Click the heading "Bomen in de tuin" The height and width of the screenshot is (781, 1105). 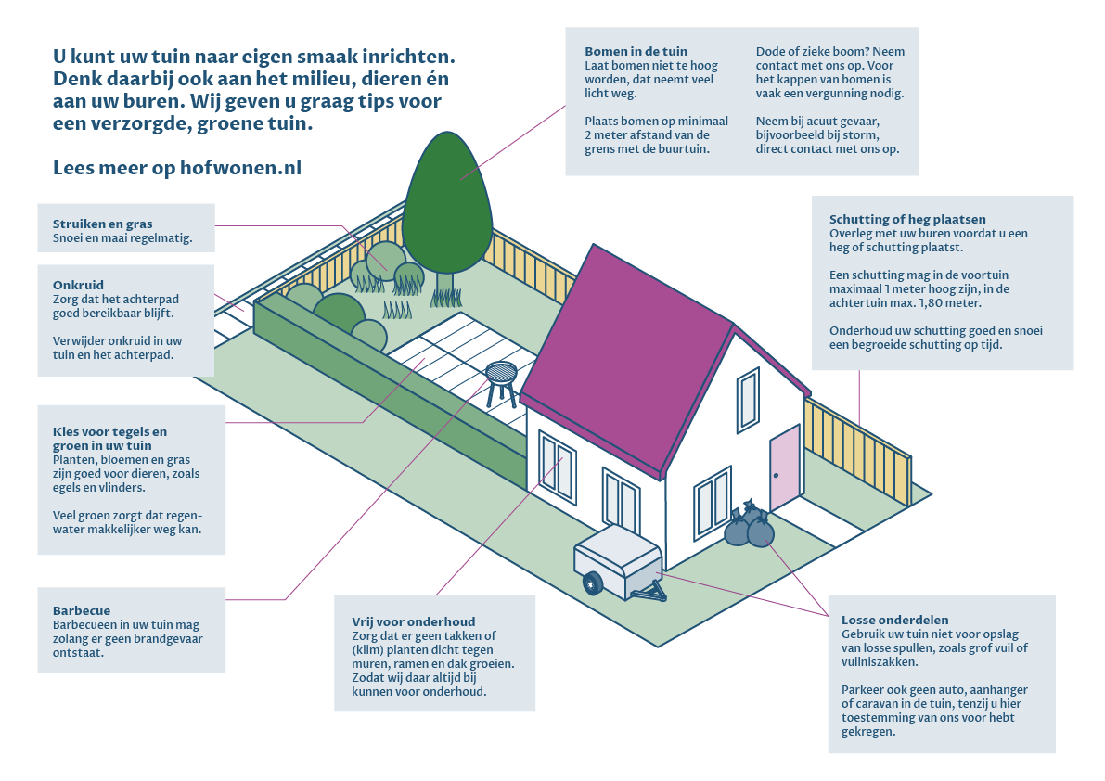tap(636, 52)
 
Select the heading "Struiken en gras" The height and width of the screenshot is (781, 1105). tap(102, 224)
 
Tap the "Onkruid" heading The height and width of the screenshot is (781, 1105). tap(78, 286)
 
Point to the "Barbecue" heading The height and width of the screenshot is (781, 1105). tap(82, 611)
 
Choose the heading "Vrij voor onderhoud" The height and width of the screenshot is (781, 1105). tap(413, 621)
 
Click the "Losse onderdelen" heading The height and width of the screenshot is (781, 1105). tap(894, 620)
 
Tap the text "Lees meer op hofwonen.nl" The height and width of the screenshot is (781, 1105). tap(177, 168)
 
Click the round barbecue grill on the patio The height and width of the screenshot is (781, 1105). tap(501, 374)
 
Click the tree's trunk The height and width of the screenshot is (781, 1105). tap(444, 284)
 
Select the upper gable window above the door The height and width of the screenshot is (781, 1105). tap(748, 401)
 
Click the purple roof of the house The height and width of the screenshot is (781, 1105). tap(631, 352)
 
